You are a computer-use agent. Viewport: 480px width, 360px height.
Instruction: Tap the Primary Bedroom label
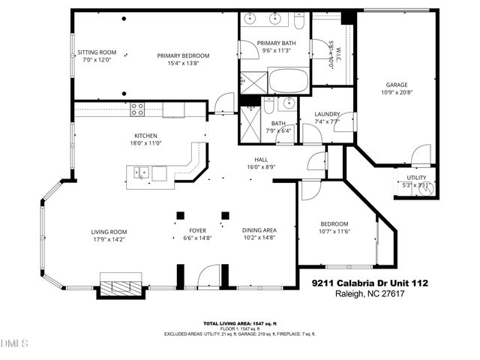tap(182, 55)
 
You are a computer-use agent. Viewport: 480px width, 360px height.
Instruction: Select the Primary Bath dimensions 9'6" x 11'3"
tap(276, 51)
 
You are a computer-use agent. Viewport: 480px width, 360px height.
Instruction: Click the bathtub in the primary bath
tap(288, 80)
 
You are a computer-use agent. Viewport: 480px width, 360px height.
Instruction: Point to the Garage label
tap(396, 85)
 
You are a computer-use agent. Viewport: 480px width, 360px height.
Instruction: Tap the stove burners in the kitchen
tap(137, 109)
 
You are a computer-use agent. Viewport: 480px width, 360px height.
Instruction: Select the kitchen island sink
tap(140, 173)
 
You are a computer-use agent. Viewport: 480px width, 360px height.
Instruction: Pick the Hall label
tap(261, 160)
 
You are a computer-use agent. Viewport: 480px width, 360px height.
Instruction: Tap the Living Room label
tap(109, 232)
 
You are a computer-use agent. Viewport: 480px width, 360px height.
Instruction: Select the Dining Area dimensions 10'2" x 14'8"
tap(259, 238)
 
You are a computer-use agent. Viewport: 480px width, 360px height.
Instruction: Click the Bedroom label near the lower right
tap(334, 223)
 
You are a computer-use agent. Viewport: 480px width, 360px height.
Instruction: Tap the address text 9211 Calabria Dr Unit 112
tap(370, 283)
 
